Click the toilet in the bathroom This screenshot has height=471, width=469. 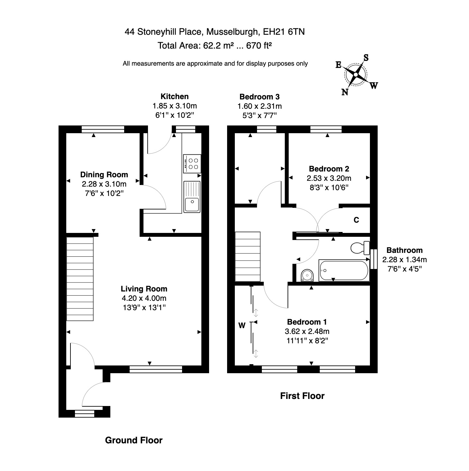[360, 248]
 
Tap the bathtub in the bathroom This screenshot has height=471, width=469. [344, 270]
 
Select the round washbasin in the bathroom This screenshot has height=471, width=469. [307, 276]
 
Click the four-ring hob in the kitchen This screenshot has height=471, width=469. [192, 163]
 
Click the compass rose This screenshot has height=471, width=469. [355, 75]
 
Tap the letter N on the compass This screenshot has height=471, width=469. [345, 92]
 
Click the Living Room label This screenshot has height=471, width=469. [144, 289]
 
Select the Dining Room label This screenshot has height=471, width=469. [104, 175]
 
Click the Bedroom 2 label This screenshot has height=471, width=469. [329, 169]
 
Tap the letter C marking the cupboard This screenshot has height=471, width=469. [356, 220]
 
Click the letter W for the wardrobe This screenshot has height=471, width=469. [242, 326]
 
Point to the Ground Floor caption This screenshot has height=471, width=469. [134, 440]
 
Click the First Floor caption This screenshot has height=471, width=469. [302, 396]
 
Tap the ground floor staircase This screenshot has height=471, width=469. [80, 279]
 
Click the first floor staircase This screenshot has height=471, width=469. [248, 257]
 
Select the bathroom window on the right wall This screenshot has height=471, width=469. [373, 259]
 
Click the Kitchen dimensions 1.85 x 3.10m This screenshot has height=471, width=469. [174, 106]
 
